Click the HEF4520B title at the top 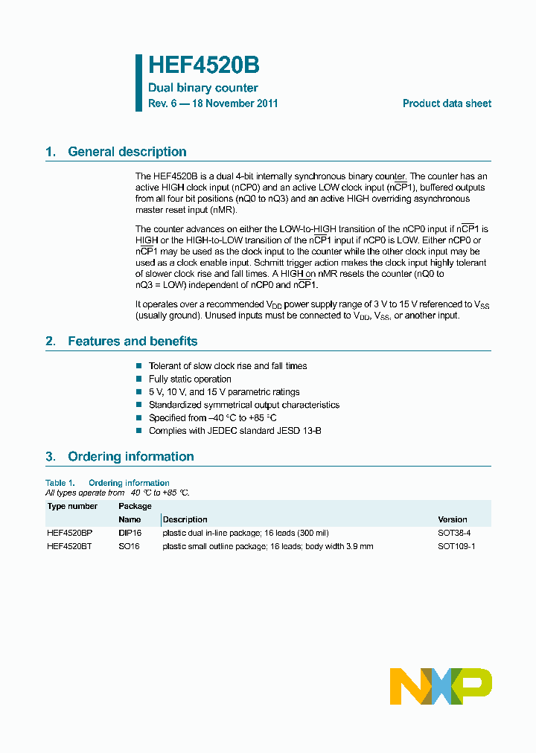(x=203, y=65)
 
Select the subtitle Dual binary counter (x=203, y=88)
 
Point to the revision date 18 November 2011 (x=234, y=104)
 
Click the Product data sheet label (x=447, y=104)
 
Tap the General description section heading (x=127, y=152)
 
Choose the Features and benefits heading (x=133, y=342)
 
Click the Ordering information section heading (x=130, y=457)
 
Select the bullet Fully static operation (x=190, y=379)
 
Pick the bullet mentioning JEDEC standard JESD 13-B (x=234, y=431)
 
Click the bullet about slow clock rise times (x=227, y=366)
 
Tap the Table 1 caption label (x=60, y=483)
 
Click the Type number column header (x=72, y=507)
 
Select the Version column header (x=453, y=519)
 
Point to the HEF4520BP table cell (x=70, y=533)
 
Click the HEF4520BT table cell (x=70, y=546)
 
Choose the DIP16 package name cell (x=130, y=533)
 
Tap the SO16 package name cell (x=129, y=546)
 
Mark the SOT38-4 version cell (x=454, y=533)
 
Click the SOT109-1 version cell (x=456, y=546)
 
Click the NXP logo (x=441, y=686)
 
